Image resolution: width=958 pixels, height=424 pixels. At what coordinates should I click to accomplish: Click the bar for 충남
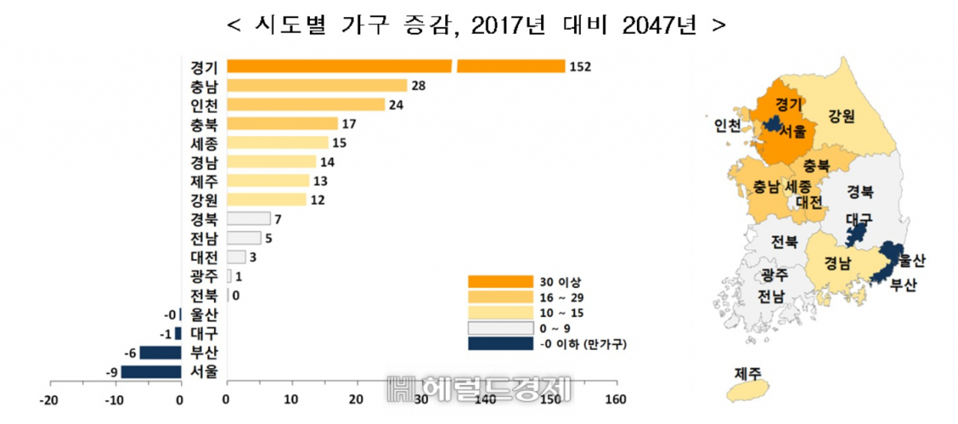(x=317, y=85)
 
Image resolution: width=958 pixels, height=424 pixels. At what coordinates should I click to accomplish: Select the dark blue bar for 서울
(x=151, y=372)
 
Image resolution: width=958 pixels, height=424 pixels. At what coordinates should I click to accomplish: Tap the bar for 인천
(x=306, y=105)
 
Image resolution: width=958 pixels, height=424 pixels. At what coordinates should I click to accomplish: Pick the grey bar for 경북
(x=248, y=219)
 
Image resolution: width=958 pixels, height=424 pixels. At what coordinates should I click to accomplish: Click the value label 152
(x=580, y=67)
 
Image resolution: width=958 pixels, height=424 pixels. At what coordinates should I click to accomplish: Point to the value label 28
(x=418, y=86)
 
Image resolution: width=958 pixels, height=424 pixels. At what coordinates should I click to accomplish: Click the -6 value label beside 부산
(x=130, y=354)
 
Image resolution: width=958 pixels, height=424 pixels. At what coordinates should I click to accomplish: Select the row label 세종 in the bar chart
(x=204, y=143)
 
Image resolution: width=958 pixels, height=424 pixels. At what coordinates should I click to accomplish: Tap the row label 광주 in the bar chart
(x=204, y=277)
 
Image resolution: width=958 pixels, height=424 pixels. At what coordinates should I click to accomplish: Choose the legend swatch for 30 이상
(x=501, y=282)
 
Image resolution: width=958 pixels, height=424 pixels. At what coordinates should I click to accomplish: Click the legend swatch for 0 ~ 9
(x=501, y=328)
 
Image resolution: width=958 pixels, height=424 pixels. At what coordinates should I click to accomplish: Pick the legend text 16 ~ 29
(x=561, y=298)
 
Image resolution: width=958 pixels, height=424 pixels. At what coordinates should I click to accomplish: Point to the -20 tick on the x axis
(x=49, y=401)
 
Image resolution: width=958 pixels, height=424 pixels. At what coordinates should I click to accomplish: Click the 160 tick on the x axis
(x=616, y=399)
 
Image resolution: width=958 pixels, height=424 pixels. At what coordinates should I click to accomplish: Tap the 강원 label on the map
(x=841, y=116)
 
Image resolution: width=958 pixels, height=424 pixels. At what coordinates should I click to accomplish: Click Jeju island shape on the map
(x=748, y=390)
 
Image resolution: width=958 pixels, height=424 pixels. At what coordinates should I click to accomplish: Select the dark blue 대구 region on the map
(x=855, y=235)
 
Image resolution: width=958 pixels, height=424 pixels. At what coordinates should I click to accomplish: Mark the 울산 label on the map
(x=912, y=260)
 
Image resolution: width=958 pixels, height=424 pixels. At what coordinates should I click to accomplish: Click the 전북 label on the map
(x=784, y=242)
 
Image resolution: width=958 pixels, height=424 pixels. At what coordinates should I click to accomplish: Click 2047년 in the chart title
(x=659, y=25)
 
